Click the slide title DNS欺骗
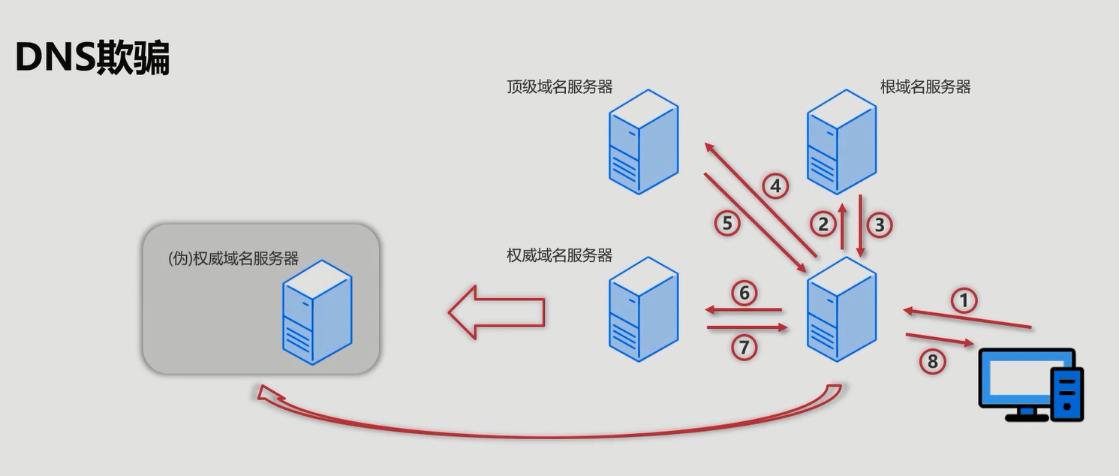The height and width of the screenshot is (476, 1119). pos(92,58)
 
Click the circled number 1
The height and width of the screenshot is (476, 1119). pos(964,301)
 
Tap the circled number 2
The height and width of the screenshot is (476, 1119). pos(823,224)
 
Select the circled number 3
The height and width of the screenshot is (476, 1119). pos(880,224)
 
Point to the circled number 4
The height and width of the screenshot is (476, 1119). pos(775,185)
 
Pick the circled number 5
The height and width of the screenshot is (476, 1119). pos(727,222)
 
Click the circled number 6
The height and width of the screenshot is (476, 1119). pos(744,293)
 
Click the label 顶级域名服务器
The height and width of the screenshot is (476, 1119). pos(559,86)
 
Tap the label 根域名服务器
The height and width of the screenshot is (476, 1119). pos(925,86)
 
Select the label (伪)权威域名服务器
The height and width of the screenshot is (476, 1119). pos(233,258)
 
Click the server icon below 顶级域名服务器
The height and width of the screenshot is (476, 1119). pos(643,143)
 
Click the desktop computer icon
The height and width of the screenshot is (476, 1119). pos(1031,384)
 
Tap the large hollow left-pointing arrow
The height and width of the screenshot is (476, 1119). pos(495,312)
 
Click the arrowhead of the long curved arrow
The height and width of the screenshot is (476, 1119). pos(264,393)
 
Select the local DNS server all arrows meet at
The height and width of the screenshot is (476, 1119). pos(841,309)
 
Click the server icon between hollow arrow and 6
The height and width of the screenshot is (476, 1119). pos(643,309)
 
